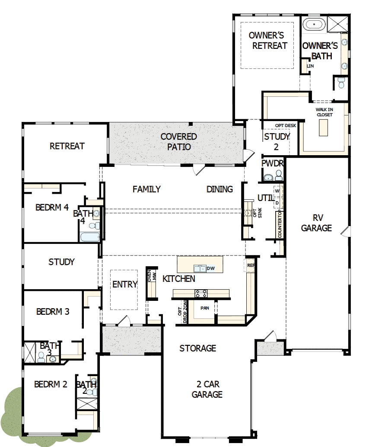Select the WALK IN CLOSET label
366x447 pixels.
coord(325,112)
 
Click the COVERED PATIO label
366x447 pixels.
coord(178,141)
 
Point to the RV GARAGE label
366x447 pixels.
coord(316,223)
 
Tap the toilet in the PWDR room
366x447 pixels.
coord(278,175)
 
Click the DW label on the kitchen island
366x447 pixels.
coord(211,268)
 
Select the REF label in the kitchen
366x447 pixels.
coord(250,265)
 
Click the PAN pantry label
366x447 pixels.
coord(204,308)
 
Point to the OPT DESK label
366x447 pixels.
coord(286,125)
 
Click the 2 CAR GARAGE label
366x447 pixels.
coord(207,389)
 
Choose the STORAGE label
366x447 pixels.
coord(198,348)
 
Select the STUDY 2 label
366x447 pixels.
coord(277,141)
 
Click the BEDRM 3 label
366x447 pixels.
coord(53,311)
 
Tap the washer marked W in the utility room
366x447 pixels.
coord(277,191)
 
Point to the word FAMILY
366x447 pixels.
coord(146,189)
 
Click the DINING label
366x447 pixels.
coord(220,189)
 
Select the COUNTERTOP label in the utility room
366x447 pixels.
coord(280,224)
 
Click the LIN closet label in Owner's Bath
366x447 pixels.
coord(310,66)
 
